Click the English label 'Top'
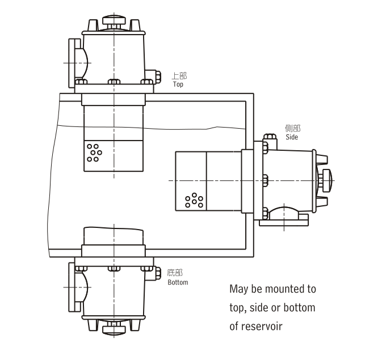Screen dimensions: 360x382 [x=178, y=84]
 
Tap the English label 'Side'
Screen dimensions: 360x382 [x=292, y=137]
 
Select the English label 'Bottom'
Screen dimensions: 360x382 [x=178, y=282]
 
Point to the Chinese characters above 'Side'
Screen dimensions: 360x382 [x=292, y=129]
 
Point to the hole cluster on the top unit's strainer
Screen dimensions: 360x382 [x=94, y=152]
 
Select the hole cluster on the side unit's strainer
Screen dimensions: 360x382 [x=194, y=201]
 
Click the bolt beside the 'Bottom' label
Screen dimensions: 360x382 [x=152, y=273]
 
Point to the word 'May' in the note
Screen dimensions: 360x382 [x=238, y=289]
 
